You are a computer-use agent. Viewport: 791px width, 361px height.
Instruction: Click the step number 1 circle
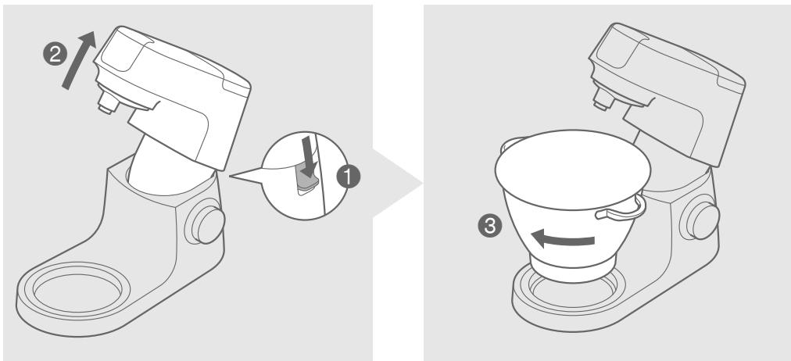coord(349,177)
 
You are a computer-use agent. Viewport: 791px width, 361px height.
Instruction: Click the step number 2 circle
coord(55,55)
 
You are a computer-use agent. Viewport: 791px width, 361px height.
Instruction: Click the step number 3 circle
coord(490,227)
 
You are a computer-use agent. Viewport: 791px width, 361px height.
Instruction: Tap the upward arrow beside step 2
coord(79,59)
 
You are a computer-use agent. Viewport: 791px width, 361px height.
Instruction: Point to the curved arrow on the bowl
coord(563,238)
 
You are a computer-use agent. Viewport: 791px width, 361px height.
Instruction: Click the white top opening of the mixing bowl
coord(573,170)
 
